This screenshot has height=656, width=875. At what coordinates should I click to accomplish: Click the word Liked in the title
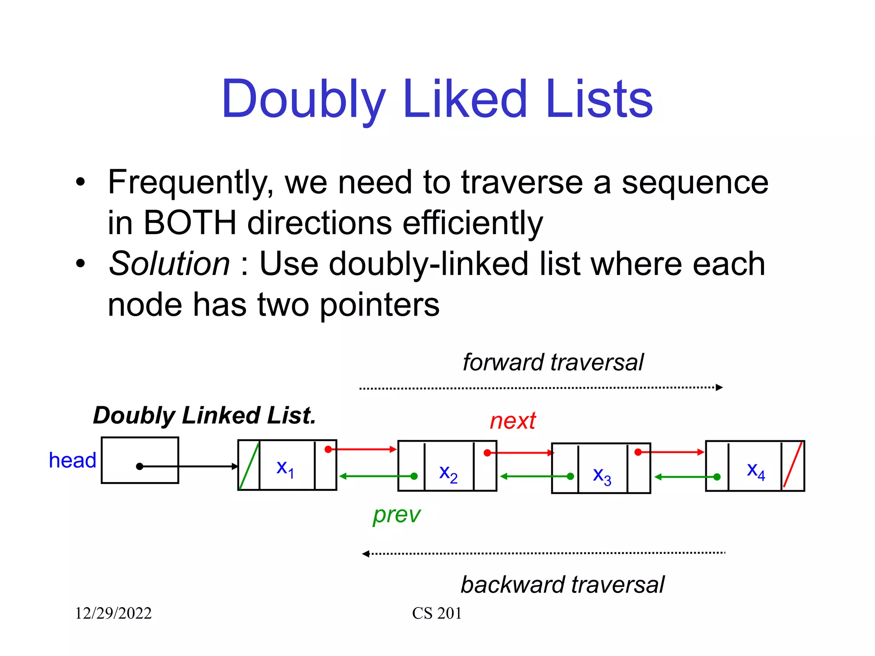pyautogui.click(x=464, y=99)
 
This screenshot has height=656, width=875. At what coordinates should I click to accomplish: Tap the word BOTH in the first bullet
pyautogui.click(x=190, y=223)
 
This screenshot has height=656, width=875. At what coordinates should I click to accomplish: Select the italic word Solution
pyautogui.click(x=169, y=264)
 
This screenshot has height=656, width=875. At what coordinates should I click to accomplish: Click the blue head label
pyautogui.click(x=72, y=460)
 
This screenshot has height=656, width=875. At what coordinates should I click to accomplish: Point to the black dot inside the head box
pyautogui.click(x=139, y=466)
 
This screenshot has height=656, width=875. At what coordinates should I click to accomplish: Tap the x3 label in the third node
pyautogui.click(x=602, y=475)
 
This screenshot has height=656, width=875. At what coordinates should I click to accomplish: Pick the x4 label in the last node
pyautogui.click(x=755, y=470)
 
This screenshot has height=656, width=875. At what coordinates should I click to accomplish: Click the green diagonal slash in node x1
pyautogui.click(x=249, y=466)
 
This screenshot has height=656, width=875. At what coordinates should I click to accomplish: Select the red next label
pyautogui.click(x=512, y=421)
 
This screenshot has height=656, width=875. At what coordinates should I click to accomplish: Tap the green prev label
pyautogui.click(x=396, y=514)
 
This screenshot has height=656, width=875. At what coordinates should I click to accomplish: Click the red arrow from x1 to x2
pyautogui.click(x=363, y=449)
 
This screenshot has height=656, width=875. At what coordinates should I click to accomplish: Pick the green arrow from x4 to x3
pyautogui.click(x=685, y=477)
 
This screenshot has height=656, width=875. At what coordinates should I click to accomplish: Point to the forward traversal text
pyautogui.click(x=553, y=363)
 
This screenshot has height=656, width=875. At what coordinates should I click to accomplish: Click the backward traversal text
pyautogui.click(x=562, y=585)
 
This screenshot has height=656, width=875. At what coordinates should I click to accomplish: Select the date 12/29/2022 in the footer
pyautogui.click(x=113, y=613)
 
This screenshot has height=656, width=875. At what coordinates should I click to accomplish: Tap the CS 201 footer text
pyautogui.click(x=437, y=613)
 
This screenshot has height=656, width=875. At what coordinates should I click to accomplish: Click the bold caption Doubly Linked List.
pyautogui.click(x=204, y=416)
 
